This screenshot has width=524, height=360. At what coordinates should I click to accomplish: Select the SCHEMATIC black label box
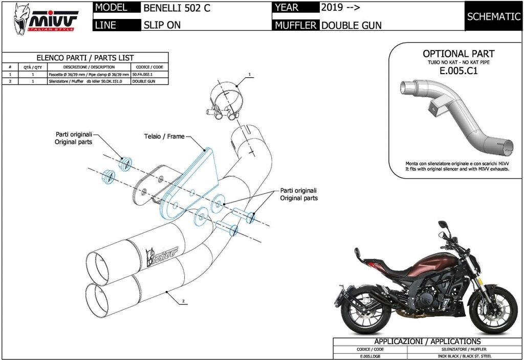tap(493, 16)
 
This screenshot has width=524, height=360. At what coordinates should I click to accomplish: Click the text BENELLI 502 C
tap(177, 8)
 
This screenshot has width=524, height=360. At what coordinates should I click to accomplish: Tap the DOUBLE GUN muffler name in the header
tap(351, 25)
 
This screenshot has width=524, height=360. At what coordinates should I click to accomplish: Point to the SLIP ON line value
tap(162, 25)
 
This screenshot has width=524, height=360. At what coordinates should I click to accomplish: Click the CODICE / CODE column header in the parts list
tap(149, 67)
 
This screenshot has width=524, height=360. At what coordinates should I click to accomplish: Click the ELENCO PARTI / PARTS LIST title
tap(85, 58)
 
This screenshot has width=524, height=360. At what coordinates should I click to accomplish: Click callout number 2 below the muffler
tap(183, 302)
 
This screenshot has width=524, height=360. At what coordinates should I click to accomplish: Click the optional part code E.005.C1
tap(458, 71)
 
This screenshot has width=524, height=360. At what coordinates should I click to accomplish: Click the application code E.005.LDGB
tap(370, 355)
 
